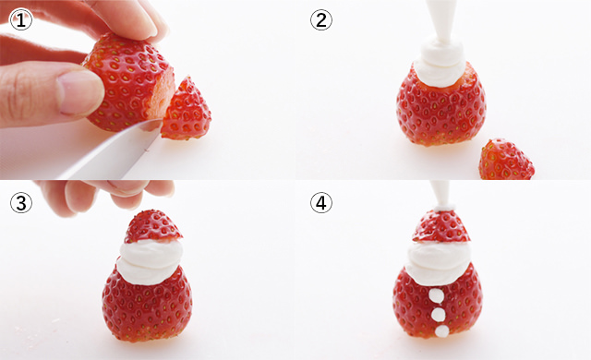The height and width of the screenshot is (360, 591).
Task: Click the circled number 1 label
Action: click(19, 19)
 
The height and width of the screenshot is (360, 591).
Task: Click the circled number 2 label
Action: click(321, 19)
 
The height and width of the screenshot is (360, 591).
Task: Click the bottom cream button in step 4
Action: click(440, 330)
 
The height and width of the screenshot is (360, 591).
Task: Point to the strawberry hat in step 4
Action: click(441, 226)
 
